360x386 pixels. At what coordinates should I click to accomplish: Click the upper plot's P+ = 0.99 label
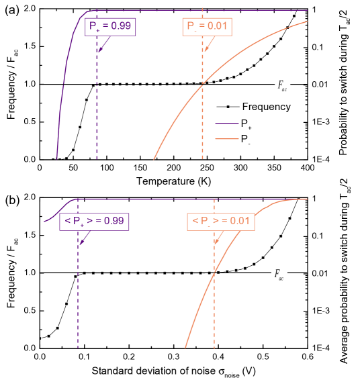coord(111,27)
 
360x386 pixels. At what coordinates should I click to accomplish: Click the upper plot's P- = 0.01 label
coord(208,27)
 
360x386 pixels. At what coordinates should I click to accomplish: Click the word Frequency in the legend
coord(266,106)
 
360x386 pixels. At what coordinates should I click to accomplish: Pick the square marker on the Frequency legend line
coord(228,106)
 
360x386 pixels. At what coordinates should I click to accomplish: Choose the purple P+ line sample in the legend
coord(227,124)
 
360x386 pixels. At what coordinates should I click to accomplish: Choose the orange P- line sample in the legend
coord(227,140)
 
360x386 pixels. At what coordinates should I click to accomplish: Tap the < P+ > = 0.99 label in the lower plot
coord(94,221)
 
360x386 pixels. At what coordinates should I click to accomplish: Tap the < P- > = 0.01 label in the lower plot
coord(220,221)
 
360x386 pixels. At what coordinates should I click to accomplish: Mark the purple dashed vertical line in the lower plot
coord(78,302)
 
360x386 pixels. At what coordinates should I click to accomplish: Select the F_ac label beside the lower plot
coord(279,273)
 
